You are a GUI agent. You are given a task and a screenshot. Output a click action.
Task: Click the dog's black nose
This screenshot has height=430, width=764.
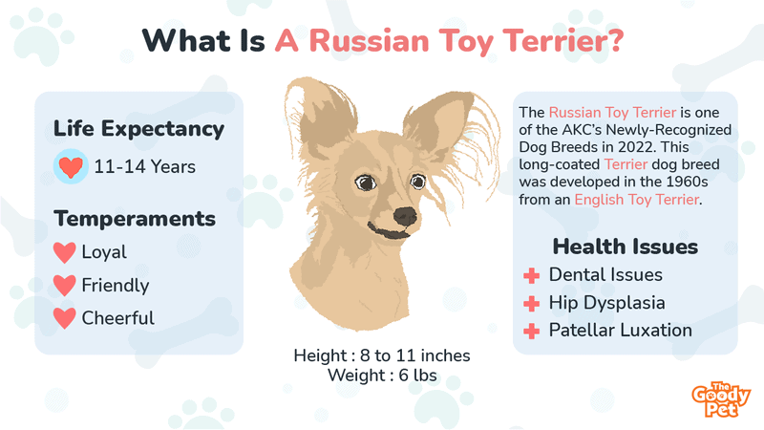click(x=405, y=215)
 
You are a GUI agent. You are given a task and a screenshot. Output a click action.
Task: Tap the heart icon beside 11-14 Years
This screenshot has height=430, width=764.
click(x=71, y=167)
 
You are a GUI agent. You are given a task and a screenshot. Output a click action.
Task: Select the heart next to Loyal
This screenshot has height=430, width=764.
click(x=65, y=253)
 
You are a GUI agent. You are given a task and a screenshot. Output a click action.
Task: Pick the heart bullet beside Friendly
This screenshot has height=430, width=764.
click(x=65, y=285)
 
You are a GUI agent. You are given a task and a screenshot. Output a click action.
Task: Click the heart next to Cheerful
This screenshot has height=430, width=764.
click(x=65, y=317)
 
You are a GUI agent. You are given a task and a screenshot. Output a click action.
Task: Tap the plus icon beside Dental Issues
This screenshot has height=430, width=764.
click(x=532, y=276)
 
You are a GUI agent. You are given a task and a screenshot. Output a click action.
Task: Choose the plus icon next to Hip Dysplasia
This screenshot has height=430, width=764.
click(x=532, y=304)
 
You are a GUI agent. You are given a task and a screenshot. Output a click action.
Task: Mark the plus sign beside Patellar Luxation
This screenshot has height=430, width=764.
click(x=532, y=332)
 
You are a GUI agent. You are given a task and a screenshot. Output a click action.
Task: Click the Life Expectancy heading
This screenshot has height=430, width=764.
click(x=138, y=129)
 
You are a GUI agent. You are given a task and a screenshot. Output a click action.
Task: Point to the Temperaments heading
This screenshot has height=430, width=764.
click(x=135, y=219)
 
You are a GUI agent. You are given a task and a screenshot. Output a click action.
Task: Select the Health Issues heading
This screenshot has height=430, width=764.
click(x=626, y=247)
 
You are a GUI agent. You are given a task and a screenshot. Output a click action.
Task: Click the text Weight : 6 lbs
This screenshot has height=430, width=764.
click(x=382, y=376)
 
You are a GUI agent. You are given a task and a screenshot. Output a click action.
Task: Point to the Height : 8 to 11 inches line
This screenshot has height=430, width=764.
click(x=382, y=356)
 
